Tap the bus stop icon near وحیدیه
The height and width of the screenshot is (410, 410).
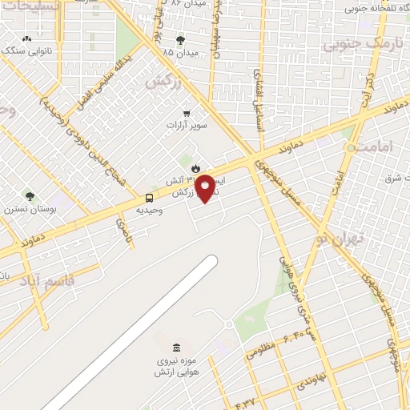click(x=150, y=198)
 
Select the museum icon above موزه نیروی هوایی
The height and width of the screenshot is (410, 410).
click(x=176, y=348)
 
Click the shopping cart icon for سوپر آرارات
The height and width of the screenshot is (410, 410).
click(x=187, y=113)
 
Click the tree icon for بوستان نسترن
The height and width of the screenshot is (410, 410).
click(x=30, y=196)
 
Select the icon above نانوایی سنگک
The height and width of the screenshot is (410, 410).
click(x=27, y=38)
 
